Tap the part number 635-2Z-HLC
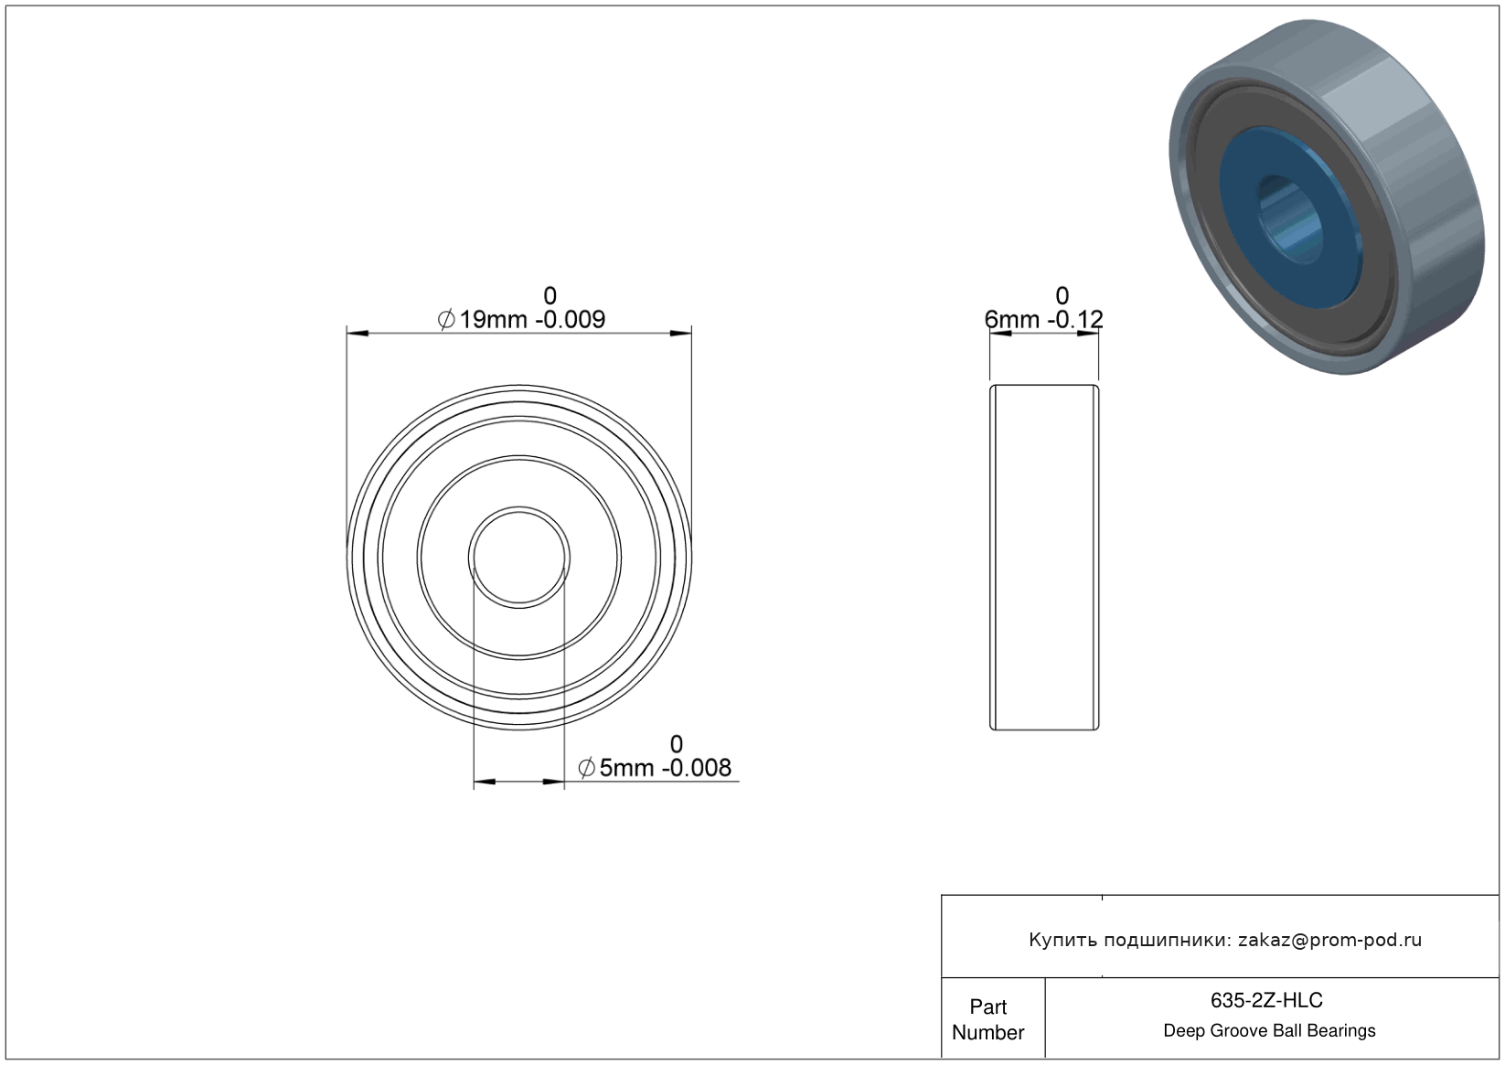pos(1266,1000)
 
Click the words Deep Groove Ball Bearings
pos(1269,1030)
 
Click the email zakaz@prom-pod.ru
pos(1329,940)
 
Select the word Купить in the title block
pos(1062,940)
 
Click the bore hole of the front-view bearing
pos(519,557)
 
